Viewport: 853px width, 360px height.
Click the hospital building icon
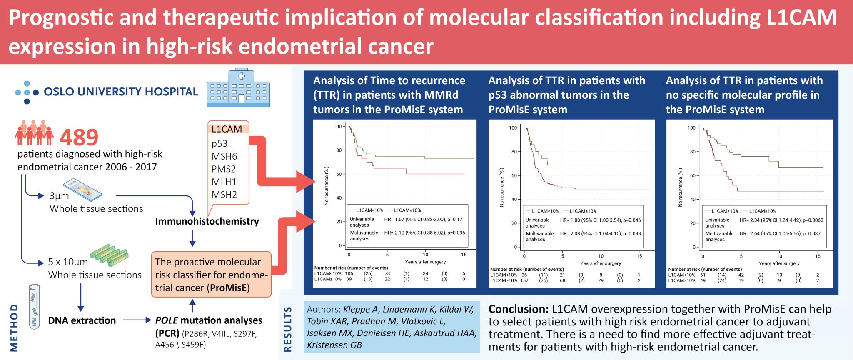(238, 88)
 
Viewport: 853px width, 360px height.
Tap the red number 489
(79, 137)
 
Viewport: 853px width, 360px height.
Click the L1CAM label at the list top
(227, 129)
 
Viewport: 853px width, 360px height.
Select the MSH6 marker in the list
(224, 156)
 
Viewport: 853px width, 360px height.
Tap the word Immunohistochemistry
(207, 221)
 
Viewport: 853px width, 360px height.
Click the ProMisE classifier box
(211, 275)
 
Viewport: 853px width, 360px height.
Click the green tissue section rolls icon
(109, 255)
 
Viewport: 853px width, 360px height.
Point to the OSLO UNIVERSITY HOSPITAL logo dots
(27, 92)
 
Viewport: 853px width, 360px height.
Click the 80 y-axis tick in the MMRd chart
(339, 150)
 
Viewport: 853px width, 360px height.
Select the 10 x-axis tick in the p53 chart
(601, 256)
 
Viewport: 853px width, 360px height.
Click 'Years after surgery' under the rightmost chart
(779, 263)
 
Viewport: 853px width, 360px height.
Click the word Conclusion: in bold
(518, 309)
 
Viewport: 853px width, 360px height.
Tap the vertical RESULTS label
(288, 329)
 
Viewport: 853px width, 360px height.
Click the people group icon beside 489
(35, 132)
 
